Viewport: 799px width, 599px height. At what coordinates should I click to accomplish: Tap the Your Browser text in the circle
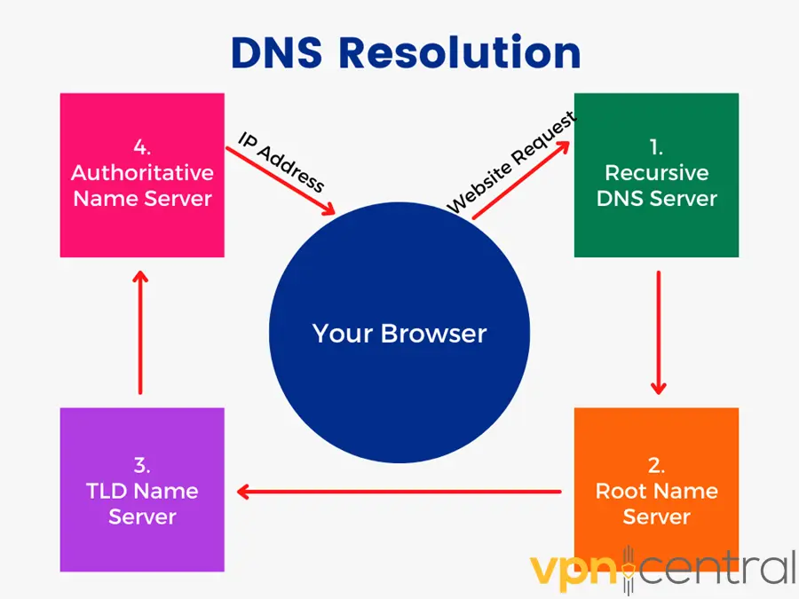pyautogui.click(x=399, y=334)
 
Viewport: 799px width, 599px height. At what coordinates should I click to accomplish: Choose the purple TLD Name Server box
pyautogui.click(x=142, y=541)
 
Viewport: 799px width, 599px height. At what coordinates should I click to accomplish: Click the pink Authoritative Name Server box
pyautogui.click(x=142, y=231)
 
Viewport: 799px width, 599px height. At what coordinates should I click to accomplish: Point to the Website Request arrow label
pyautogui.click(x=510, y=162)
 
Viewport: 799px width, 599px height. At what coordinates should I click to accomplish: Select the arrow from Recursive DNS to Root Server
pyautogui.click(x=658, y=332)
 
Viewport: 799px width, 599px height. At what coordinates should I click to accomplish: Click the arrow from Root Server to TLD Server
pyautogui.click(x=399, y=491)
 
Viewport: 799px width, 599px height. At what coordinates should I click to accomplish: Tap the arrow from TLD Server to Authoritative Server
pyautogui.click(x=140, y=332)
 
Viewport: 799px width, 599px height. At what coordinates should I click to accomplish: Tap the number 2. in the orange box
pyautogui.click(x=656, y=464)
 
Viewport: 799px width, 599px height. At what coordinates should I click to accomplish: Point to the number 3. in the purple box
pyautogui.click(x=142, y=464)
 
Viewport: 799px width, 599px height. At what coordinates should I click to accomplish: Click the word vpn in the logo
pyautogui.click(x=573, y=568)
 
